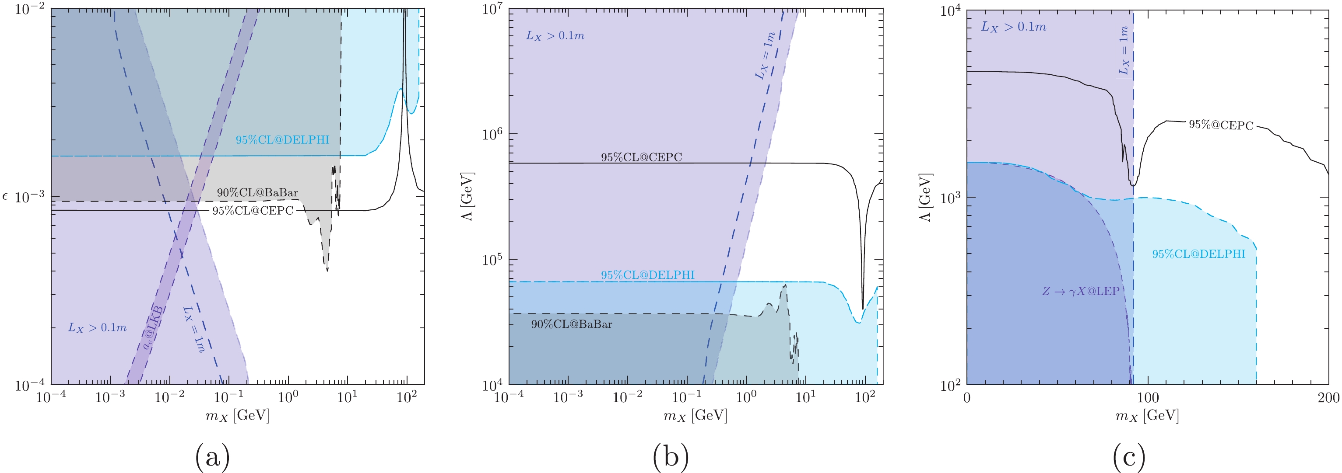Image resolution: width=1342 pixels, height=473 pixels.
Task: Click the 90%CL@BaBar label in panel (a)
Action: (x=257, y=192)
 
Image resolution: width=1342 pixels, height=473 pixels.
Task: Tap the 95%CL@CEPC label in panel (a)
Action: (x=253, y=211)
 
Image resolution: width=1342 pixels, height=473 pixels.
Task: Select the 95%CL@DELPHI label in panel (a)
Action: (x=282, y=139)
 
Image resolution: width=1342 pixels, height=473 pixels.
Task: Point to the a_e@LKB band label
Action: (x=153, y=328)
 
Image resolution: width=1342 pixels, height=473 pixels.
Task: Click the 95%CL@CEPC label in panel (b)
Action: (x=641, y=157)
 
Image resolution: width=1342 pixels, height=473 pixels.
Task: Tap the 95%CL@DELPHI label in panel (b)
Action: (x=647, y=275)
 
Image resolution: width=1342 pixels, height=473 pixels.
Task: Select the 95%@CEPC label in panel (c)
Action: (x=1221, y=125)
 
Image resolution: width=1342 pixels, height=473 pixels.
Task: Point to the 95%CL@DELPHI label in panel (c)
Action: (x=1198, y=254)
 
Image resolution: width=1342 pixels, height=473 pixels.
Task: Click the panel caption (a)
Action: (x=212, y=456)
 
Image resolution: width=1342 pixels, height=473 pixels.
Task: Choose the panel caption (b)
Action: (x=671, y=456)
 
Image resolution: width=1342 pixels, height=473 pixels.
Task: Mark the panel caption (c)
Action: (x=1129, y=456)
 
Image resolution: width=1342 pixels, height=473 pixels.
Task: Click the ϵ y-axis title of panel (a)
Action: (x=6, y=197)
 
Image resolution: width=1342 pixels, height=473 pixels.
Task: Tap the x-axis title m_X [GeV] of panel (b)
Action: (x=695, y=415)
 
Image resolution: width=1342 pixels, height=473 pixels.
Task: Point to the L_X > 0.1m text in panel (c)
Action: (x=1013, y=27)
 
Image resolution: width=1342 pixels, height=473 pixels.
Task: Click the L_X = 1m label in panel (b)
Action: (x=765, y=56)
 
